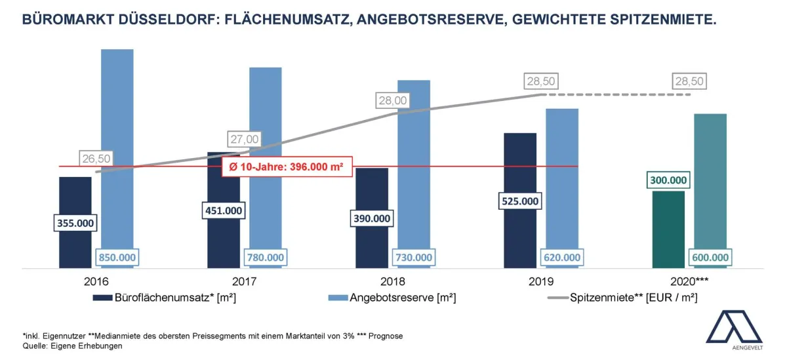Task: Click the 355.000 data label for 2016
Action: [75, 223]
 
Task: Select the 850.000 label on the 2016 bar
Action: [117, 258]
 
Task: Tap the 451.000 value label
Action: [223, 210]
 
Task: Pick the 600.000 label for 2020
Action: [710, 258]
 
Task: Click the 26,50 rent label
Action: [96, 158]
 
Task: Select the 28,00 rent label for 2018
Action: [392, 100]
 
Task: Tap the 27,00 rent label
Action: [244, 139]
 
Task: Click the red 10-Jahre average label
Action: [287, 167]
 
